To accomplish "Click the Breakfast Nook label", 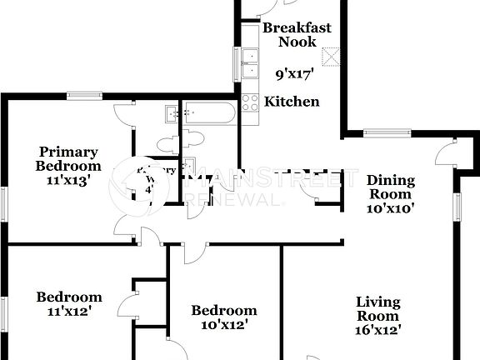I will pos(297,34).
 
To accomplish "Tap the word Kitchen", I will pos(292,102).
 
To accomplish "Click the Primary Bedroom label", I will pos(68,158).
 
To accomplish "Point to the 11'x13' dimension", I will pos(68,178).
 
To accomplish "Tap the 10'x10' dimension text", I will pos(389,208).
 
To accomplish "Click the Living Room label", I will pos(377,308).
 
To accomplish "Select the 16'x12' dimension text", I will pos(377,330).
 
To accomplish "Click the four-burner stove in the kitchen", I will pos(250,102).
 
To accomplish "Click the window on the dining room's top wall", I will pos(387,131).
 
